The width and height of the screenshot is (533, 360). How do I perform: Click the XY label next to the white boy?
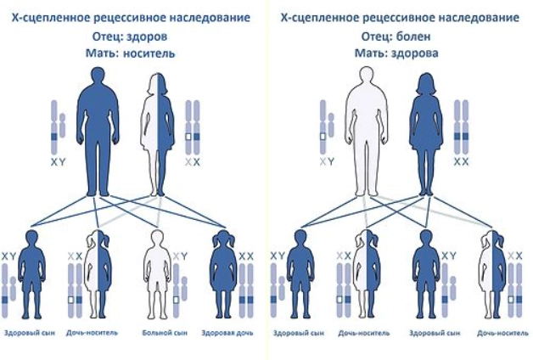coord(180,256)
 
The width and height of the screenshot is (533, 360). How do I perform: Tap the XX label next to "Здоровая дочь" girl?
coord(246,256)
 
